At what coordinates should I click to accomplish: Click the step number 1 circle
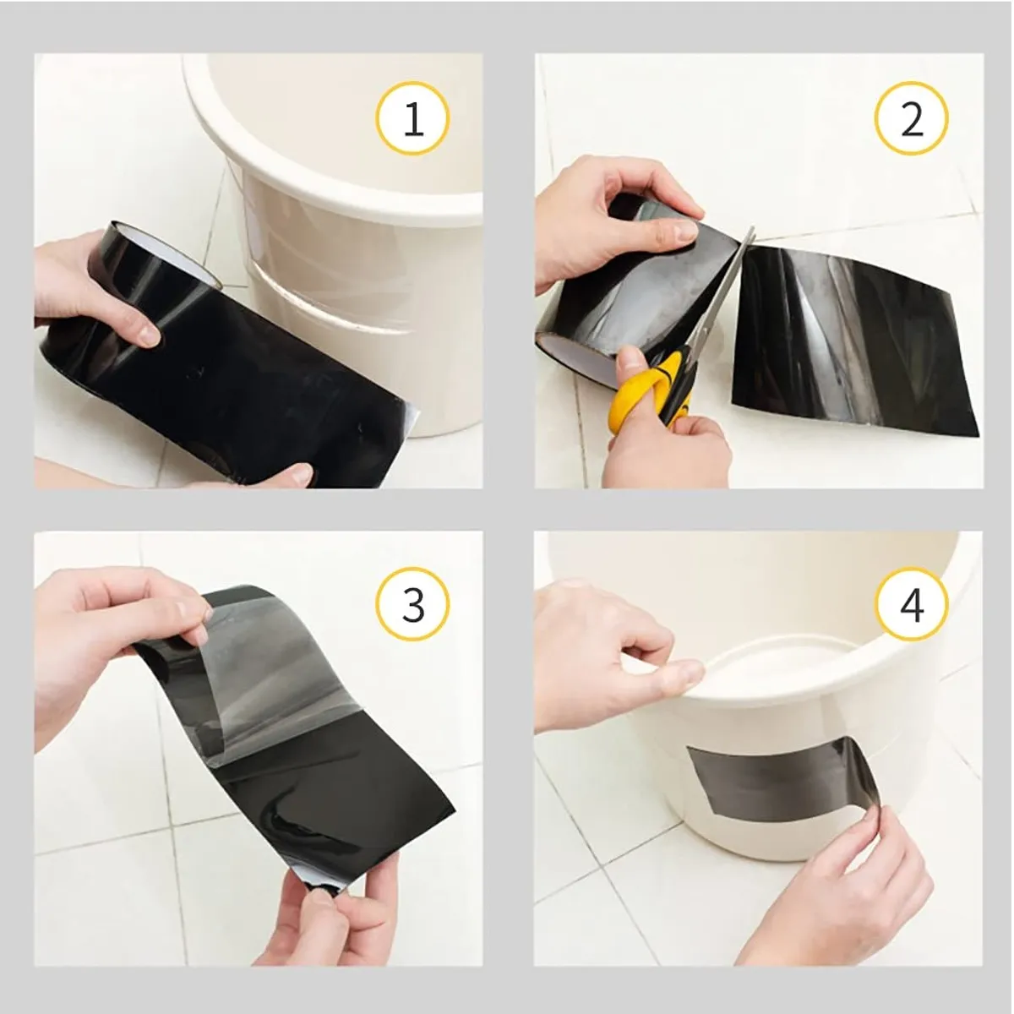click(x=412, y=121)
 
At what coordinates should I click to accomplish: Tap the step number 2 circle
click(x=912, y=121)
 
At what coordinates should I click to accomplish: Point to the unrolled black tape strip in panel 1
click(x=253, y=397)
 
